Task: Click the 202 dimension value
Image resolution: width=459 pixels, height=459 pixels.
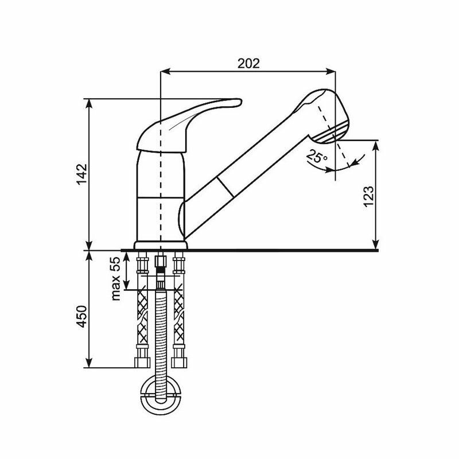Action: tap(247, 63)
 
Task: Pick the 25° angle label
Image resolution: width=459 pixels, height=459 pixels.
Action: tap(316, 156)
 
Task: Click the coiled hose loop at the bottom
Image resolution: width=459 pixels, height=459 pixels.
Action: tap(161, 395)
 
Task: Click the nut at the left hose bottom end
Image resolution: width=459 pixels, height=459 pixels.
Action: tap(141, 362)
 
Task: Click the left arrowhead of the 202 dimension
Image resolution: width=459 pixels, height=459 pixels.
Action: tap(164, 72)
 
